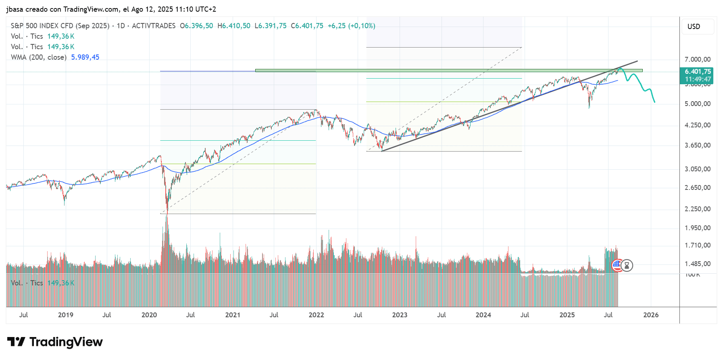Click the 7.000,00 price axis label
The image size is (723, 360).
(x=697, y=60)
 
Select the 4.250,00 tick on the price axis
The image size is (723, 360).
(x=697, y=125)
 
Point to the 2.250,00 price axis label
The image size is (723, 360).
(x=697, y=209)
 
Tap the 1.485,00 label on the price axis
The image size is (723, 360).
(x=697, y=264)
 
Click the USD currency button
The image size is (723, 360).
(x=694, y=27)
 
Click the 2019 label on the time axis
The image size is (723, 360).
(x=65, y=315)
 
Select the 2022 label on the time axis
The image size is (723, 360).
(x=316, y=315)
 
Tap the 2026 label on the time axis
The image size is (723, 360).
(x=651, y=315)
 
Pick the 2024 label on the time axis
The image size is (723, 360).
(x=483, y=315)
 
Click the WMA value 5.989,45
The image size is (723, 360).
(x=85, y=57)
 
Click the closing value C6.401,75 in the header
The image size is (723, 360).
(x=307, y=26)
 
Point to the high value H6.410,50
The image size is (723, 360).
(x=234, y=26)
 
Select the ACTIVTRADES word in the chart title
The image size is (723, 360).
(x=154, y=26)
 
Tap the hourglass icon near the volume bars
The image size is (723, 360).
(x=627, y=265)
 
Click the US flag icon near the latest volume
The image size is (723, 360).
(x=617, y=265)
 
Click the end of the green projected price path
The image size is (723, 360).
(x=654, y=102)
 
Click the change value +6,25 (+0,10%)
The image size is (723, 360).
(x=351, y=26)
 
